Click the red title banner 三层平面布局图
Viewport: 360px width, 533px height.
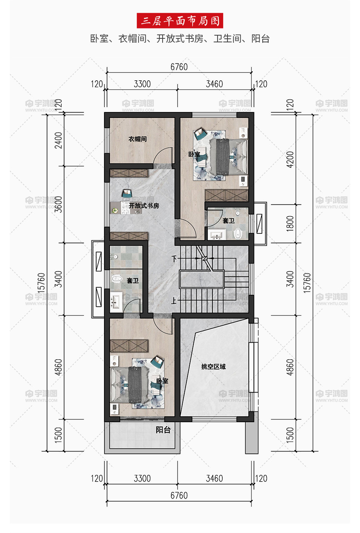tap(180, 21)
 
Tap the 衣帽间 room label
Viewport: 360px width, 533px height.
tap(138, 139)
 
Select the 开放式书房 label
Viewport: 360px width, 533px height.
tap(144, 206)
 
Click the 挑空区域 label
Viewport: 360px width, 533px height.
tap(214, 367)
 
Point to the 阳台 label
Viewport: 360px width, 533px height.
tap(163, 430)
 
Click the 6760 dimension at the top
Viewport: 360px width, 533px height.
tap(179, 67)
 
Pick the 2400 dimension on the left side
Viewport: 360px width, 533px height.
tap(58, 140)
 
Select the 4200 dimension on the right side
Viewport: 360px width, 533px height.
tap(290, 159)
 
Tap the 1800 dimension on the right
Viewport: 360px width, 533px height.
tap(290, 224)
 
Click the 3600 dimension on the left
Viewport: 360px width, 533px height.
tap(58, 205)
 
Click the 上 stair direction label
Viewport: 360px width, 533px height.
tap(174, 301)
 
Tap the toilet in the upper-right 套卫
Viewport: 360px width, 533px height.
tap(237, 233)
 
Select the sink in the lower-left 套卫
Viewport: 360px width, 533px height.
tap(116, 302)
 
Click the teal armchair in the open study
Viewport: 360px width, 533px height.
tap(127, 193)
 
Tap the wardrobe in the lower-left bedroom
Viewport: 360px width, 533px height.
tap(129, 346)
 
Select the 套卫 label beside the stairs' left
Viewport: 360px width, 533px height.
tap(133, 281)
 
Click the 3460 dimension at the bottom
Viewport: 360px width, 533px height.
tap(214, 478)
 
